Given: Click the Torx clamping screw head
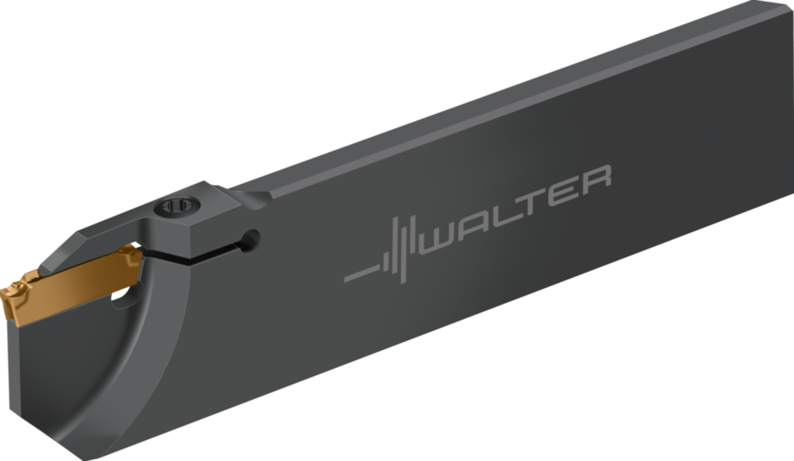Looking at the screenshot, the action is click(177, 206).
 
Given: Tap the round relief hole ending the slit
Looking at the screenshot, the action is click(251, 240).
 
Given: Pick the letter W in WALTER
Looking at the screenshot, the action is click(441, 239).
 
